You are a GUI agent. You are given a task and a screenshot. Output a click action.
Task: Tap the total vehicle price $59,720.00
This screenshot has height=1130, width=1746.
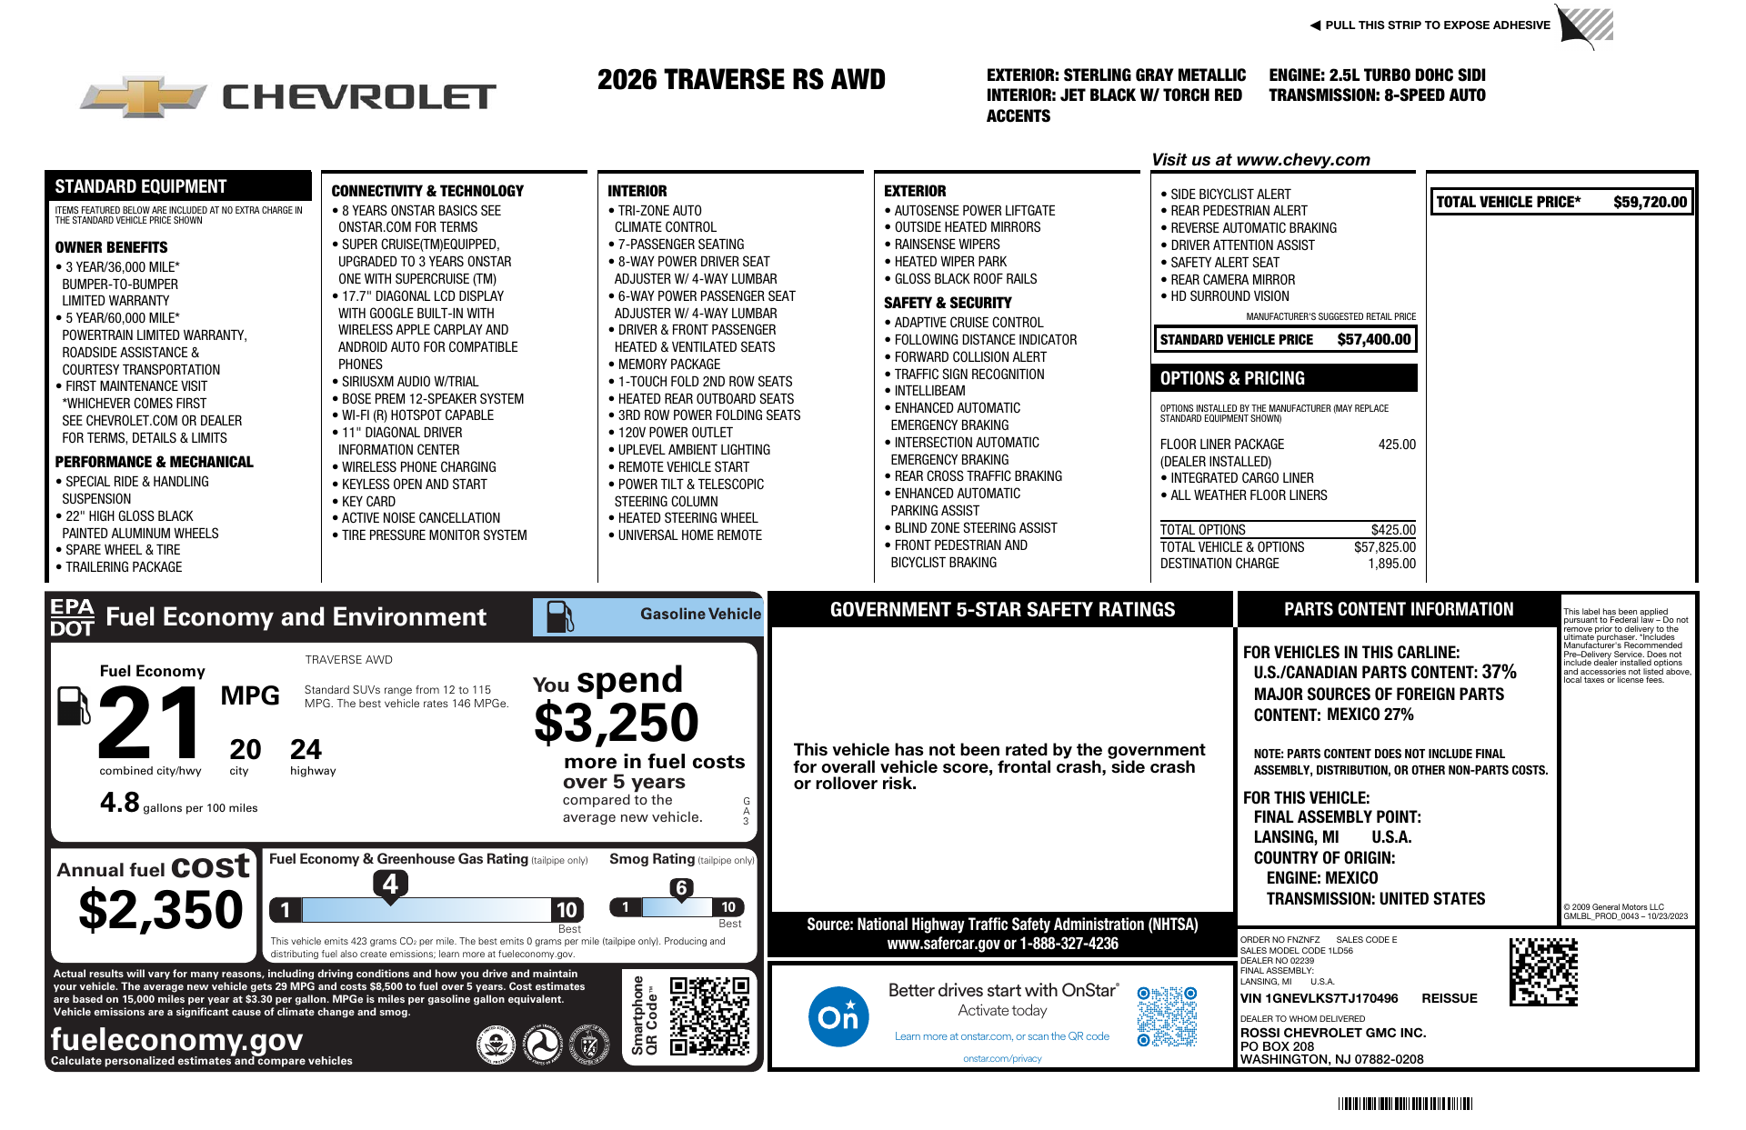(1650, 202)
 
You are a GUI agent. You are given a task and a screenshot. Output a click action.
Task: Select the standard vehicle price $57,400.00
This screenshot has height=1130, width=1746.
(1373, 339)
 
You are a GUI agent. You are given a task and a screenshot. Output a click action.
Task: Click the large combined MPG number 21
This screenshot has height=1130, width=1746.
(151, 723)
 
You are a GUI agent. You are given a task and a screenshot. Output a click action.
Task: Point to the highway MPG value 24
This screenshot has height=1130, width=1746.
(306, 749)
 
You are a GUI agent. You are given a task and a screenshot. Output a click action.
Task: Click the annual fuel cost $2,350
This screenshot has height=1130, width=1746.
(161, 909)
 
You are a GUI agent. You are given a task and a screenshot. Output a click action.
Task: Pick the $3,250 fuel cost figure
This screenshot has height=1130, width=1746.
(616, 724)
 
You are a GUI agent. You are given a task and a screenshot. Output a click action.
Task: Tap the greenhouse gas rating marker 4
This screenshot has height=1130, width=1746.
(390, 884)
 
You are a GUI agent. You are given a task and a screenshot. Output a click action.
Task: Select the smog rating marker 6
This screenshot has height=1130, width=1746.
(681, 888)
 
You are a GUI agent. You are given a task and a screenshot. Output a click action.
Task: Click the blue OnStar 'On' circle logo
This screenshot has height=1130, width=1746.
(838, 1015)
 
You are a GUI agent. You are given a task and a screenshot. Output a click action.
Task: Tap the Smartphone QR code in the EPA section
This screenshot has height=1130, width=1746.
(709, 1015)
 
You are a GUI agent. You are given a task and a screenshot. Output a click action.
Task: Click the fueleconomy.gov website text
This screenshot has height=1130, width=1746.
(176, 1039)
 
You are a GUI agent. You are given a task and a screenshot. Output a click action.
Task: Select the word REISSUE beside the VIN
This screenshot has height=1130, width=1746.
(1450, 998)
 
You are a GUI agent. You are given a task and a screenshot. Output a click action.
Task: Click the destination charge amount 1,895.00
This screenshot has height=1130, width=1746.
(1391, 564)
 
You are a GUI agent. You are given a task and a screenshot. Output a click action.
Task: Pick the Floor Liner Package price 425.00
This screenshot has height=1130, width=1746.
(1397, 445)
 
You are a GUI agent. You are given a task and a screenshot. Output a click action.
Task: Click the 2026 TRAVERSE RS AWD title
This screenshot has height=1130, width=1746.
(741, 80)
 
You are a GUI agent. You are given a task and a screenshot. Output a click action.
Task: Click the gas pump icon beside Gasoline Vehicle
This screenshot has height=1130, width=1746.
(559, 616)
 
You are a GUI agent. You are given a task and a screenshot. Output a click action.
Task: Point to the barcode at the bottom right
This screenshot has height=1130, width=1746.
(1405, 1104)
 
